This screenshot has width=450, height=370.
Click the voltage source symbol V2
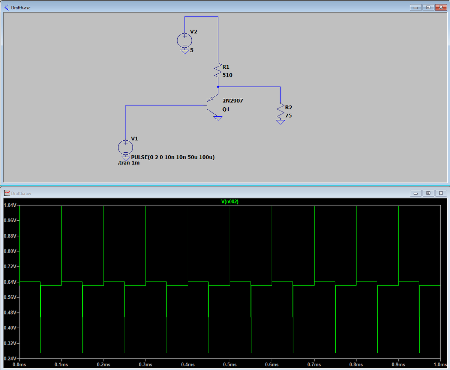click(x=184, y=41)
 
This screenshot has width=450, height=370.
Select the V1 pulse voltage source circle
click(x=126, y=147)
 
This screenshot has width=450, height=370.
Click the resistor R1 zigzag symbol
click(x=218, y=70)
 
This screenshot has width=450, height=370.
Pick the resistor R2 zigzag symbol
click(x=280, y=111)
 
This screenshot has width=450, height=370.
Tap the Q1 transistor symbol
click(x=212, y=105)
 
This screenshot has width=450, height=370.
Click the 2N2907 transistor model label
click(x=232, y=101)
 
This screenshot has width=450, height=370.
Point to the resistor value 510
click(x=227, y=75)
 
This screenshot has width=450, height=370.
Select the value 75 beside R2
click(x=288, y=116)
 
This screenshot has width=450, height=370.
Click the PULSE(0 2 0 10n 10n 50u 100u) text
click(x=173, y=157)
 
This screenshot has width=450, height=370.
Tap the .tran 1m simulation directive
click(x=129, y=163)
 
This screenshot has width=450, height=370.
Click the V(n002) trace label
click(x=230, y=202)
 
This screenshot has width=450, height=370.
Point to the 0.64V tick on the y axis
click(x=10, y=282)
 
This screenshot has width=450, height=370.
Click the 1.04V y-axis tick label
click(x=10, y=205)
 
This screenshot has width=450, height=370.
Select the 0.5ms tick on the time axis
click(x=230, y=364)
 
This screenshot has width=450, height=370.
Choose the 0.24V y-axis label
click(x=10, y=358)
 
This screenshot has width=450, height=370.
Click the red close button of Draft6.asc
click(x=441, y=8)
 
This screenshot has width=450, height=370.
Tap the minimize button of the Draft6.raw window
click(x=415, y=193)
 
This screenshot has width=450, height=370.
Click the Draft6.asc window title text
click(x=21, y=8)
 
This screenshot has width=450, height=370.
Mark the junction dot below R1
click(x=218, y=87)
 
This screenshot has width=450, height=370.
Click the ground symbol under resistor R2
click(x=280, y=122)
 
